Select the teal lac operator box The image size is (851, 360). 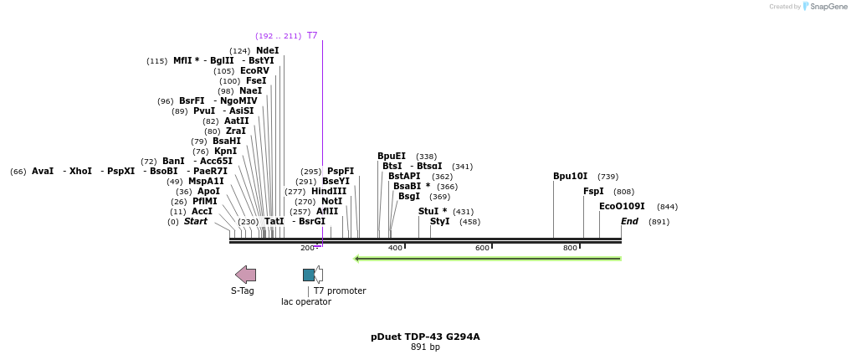tap(308, 275)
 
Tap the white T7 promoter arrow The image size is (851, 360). tap(319, 275)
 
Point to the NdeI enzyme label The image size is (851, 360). tap(267, 51)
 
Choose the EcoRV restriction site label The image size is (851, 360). tap(254, 71)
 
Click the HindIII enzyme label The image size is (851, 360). tap(328, 192)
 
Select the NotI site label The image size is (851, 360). tap(331, 202)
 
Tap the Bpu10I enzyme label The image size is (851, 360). tap(570, 177)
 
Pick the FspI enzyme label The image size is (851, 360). tap(592, 192)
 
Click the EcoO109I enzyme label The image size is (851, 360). tap(622, 207)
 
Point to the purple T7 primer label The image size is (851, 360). tap(312, 36)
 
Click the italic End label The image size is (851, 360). tap(629, 222)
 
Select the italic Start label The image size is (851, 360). tap(196, 222)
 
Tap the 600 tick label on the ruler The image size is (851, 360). tap(482, 248)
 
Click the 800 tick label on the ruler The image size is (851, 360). tap(570, 248)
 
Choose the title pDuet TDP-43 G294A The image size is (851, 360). tap(425, 337)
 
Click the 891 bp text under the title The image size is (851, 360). tap(425, 347)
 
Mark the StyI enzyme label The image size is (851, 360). tap(439, 222)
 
